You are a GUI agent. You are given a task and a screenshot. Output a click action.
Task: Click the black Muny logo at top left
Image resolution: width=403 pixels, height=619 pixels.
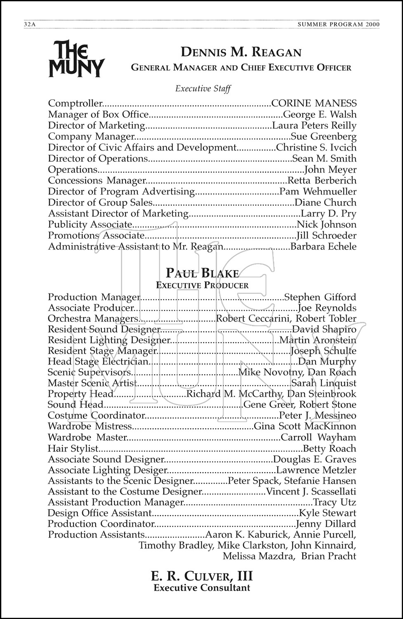pyautogui.click(x=76, y=59)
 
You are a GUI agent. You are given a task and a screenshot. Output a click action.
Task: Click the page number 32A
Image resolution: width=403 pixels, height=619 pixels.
pyautogui.click(x=30, y=24)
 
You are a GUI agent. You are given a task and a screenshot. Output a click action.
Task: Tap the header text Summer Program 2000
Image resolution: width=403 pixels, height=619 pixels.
pyautogui.click(x=338, y=24)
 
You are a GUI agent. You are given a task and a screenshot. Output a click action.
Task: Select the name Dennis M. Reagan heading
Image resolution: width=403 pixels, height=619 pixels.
pyautogui.click(x=241, y=52)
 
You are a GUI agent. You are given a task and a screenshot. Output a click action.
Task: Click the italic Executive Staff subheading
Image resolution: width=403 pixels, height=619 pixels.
pyautogui.click(x=203, y=89)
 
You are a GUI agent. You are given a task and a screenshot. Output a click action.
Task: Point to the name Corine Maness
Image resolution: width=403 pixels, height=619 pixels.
pyautogui.click(x=314, y=103)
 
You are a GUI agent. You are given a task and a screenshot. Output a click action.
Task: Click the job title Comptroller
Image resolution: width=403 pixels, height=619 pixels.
pyautogui.click(x=75, y=103)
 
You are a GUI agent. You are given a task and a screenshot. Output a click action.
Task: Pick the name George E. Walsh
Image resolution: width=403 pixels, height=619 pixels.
pyautogui.click(x=320, y=114)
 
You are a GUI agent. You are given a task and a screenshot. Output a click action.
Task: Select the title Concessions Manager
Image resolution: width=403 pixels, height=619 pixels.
pyautogui.click(x=97, y=180)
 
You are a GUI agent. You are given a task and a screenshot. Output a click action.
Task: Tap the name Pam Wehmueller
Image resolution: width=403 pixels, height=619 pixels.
pyautogui.click(x=318, y=191)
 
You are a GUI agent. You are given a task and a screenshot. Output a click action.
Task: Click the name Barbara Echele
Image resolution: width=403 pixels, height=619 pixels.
pyautogui.click(x=323, y=247)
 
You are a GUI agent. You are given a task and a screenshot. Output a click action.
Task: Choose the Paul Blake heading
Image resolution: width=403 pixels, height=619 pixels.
pyautogui.click(x=202, y=273)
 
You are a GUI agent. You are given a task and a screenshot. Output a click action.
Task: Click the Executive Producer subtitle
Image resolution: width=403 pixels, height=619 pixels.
pyautogui.click(x=202, y=285)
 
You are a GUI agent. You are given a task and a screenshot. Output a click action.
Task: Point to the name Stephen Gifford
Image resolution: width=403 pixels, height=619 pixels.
pyautogui.click(x=320, y=297)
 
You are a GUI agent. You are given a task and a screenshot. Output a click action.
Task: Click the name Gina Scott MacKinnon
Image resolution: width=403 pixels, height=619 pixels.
pyautogui.click(x=305, y=426)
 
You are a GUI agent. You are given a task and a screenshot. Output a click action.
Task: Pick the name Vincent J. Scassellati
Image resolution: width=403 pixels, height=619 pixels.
pyautogui.click(x=311, y=491)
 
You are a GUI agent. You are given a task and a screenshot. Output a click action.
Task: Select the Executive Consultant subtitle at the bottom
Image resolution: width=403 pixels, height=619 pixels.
pyautogui.click(x=202, y=588)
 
